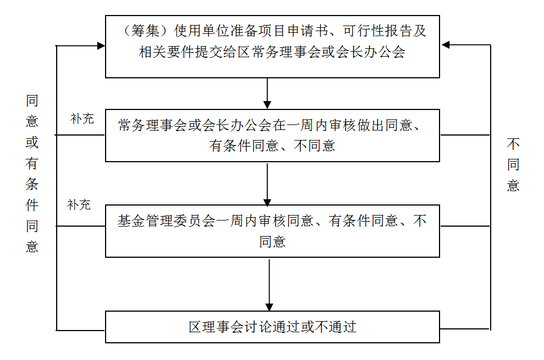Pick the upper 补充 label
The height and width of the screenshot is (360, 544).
click(82, 119)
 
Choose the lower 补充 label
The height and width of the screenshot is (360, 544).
click(79, 205)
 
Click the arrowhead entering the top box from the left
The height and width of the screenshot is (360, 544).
click(101, 46)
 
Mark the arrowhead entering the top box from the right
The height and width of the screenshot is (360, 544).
click(445, 46)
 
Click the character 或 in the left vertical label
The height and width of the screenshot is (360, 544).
click(32, 142)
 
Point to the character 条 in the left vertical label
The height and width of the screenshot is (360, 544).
click(32, 184)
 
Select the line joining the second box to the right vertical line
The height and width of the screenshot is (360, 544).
click(466, 135)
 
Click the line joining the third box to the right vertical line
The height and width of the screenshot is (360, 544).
click(466, 226)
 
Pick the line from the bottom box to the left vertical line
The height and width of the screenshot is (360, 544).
click(81, 330)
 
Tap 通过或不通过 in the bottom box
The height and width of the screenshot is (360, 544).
click(314, 327)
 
